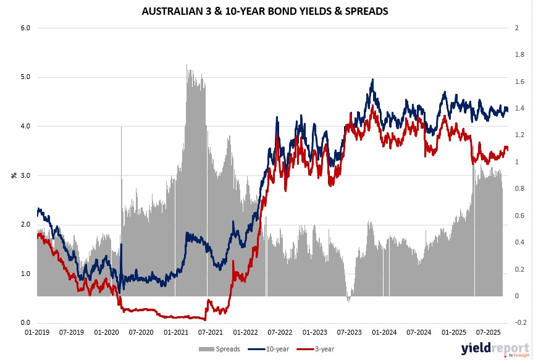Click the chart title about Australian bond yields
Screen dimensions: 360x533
tap(266, 10)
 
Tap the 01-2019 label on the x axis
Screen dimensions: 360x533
tap(37, 332)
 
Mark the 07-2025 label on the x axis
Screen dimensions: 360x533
tap(488, 332)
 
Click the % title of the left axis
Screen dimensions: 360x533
tap(14, 175)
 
